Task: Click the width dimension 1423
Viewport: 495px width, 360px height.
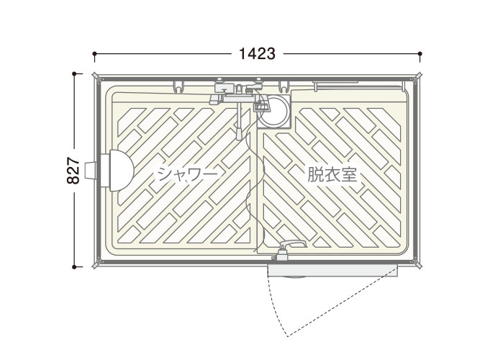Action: click(257, 54)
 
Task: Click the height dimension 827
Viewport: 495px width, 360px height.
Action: click(73, 171)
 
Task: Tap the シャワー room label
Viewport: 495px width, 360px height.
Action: click(187, 174)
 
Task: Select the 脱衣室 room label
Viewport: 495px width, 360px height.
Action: click(332, 174)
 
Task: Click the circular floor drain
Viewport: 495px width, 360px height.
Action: click(273, 111)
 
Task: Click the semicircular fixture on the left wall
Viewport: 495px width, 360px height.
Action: click(121, 171)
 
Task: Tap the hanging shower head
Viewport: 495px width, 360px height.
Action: click(240, 132)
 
